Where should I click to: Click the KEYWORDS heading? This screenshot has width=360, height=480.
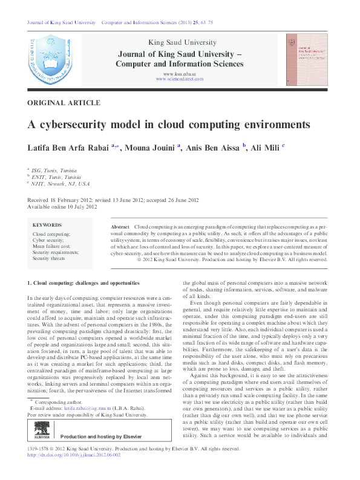pos(47,225)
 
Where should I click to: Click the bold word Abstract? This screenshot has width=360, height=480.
pos(120,226)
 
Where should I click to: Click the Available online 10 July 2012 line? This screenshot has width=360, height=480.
pos(62,206)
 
